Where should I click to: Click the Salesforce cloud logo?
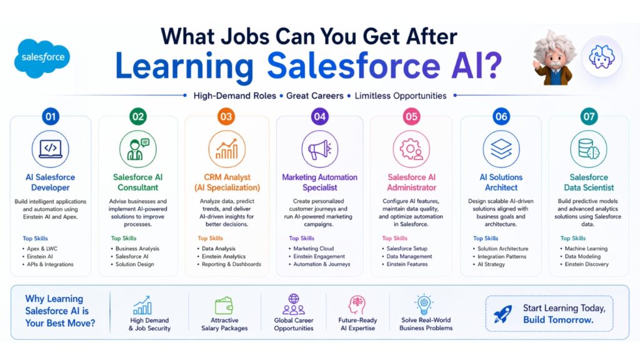click(x=42, y=57)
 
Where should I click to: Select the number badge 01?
click(x=51, y=116)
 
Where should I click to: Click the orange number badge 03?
click(x=226, y=116)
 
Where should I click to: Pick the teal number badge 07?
click(x=589, y=116)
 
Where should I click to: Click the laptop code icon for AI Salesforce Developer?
click(x=51, y=149)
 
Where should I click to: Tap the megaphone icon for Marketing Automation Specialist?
click(x=319, y=149)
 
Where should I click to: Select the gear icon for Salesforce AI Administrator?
click(x=411, y=149)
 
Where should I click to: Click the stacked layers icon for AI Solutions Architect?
click(x=501, y=149)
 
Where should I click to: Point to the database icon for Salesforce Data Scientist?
click(x=589, y=149)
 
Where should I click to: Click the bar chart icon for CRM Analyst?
click(x=226, y=149)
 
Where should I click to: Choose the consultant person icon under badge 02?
click(x=138, y=149)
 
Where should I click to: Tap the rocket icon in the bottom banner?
click(x=502, y=314)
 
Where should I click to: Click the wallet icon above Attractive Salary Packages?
click(x=224, y=306)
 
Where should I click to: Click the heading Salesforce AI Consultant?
click(x=138, y=182)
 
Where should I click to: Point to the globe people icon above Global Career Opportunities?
click(x=294, y=304)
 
